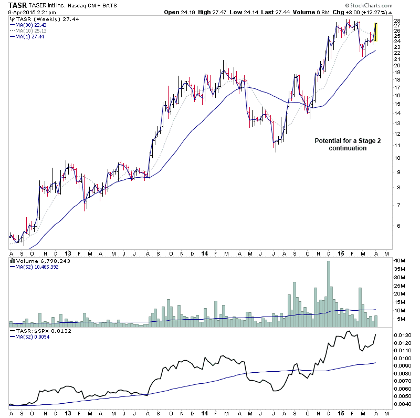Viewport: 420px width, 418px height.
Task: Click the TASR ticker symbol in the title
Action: (x=17, y=5)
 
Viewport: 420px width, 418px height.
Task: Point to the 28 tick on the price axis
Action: (x=397, y=21)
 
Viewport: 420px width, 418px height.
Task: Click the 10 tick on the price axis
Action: (x=397, y=158)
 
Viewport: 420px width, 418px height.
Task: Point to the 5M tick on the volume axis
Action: (x=398, y=319)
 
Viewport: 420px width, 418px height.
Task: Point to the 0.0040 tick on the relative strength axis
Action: (x=402, y=404)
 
